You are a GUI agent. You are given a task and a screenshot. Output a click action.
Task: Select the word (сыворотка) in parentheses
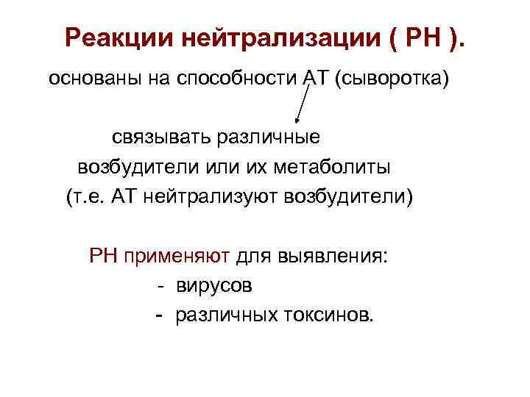click(x=391, y=79)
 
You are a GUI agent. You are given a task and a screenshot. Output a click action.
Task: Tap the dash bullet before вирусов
click(x=160, y=286)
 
